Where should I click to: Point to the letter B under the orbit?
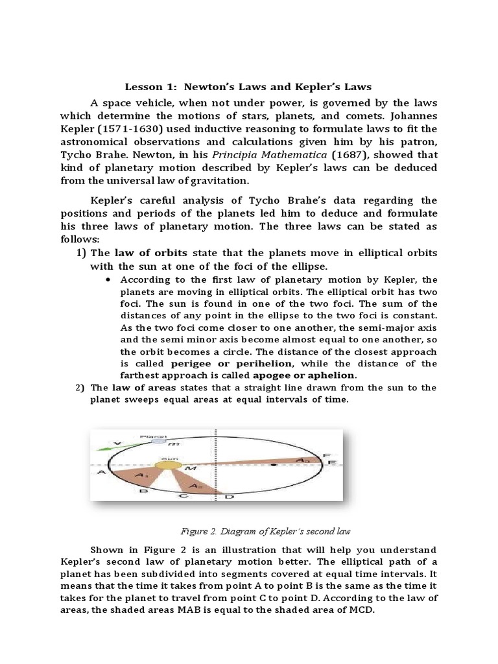click(143, 492)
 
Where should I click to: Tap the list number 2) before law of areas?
click(80, 388)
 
